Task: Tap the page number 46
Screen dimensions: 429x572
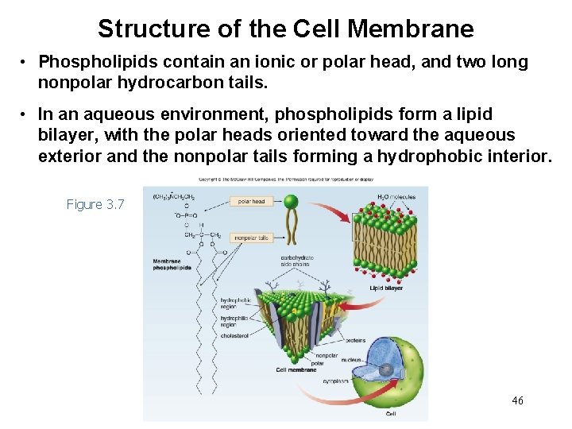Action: click(518, 400)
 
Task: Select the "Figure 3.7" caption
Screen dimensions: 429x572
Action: click(95, 205)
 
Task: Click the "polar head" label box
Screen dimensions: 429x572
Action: click(252, 202)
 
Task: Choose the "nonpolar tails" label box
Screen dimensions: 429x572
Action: click(251, 238)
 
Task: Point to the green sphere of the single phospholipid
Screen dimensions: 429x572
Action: click(291, 202)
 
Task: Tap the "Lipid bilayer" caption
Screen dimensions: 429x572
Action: click(388, 288)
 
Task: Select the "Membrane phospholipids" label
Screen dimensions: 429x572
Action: click(172, 265)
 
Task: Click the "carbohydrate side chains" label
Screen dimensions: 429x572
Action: click(296, 262)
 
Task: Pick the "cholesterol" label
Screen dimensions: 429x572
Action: click(235, 336)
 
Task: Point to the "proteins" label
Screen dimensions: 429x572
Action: click(355, 340)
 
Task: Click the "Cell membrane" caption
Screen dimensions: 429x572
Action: click(296, 369)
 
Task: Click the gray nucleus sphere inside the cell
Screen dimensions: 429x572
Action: click(385, 370)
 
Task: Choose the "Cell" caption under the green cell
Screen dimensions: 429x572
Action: click(391, 414)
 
